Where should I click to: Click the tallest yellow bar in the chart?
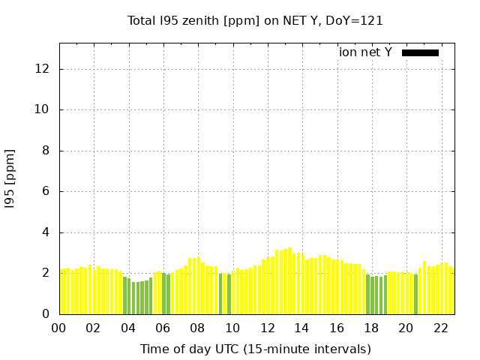click(x=289, y=280)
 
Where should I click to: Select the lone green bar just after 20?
click(x=415, y=294)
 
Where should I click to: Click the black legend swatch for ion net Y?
click(x=420, y=53)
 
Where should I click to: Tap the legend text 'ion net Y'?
click(x=365, y=52)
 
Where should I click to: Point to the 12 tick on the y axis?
click(x=42, y=68)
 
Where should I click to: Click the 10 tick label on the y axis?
click(x=42, y=109)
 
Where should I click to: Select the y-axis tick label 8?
click(x=46, y=150)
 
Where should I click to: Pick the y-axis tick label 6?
click(x=46, y=191)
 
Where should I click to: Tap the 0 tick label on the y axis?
click(x=46, y=313)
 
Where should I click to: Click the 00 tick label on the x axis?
click(x=58, y=328)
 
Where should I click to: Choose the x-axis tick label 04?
click(x=128, y=328)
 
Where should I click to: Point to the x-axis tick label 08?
click(x=197, y=328)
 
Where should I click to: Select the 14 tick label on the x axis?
click(x=301, y=328)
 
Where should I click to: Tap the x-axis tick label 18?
click(x=371, y=328)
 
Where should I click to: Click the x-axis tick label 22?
click(x=441, y=328)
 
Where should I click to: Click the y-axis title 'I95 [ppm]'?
click(x=10, y=179)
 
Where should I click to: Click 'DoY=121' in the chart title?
click(x=354, y=21)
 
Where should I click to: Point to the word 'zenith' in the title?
click(x=200, y=21)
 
